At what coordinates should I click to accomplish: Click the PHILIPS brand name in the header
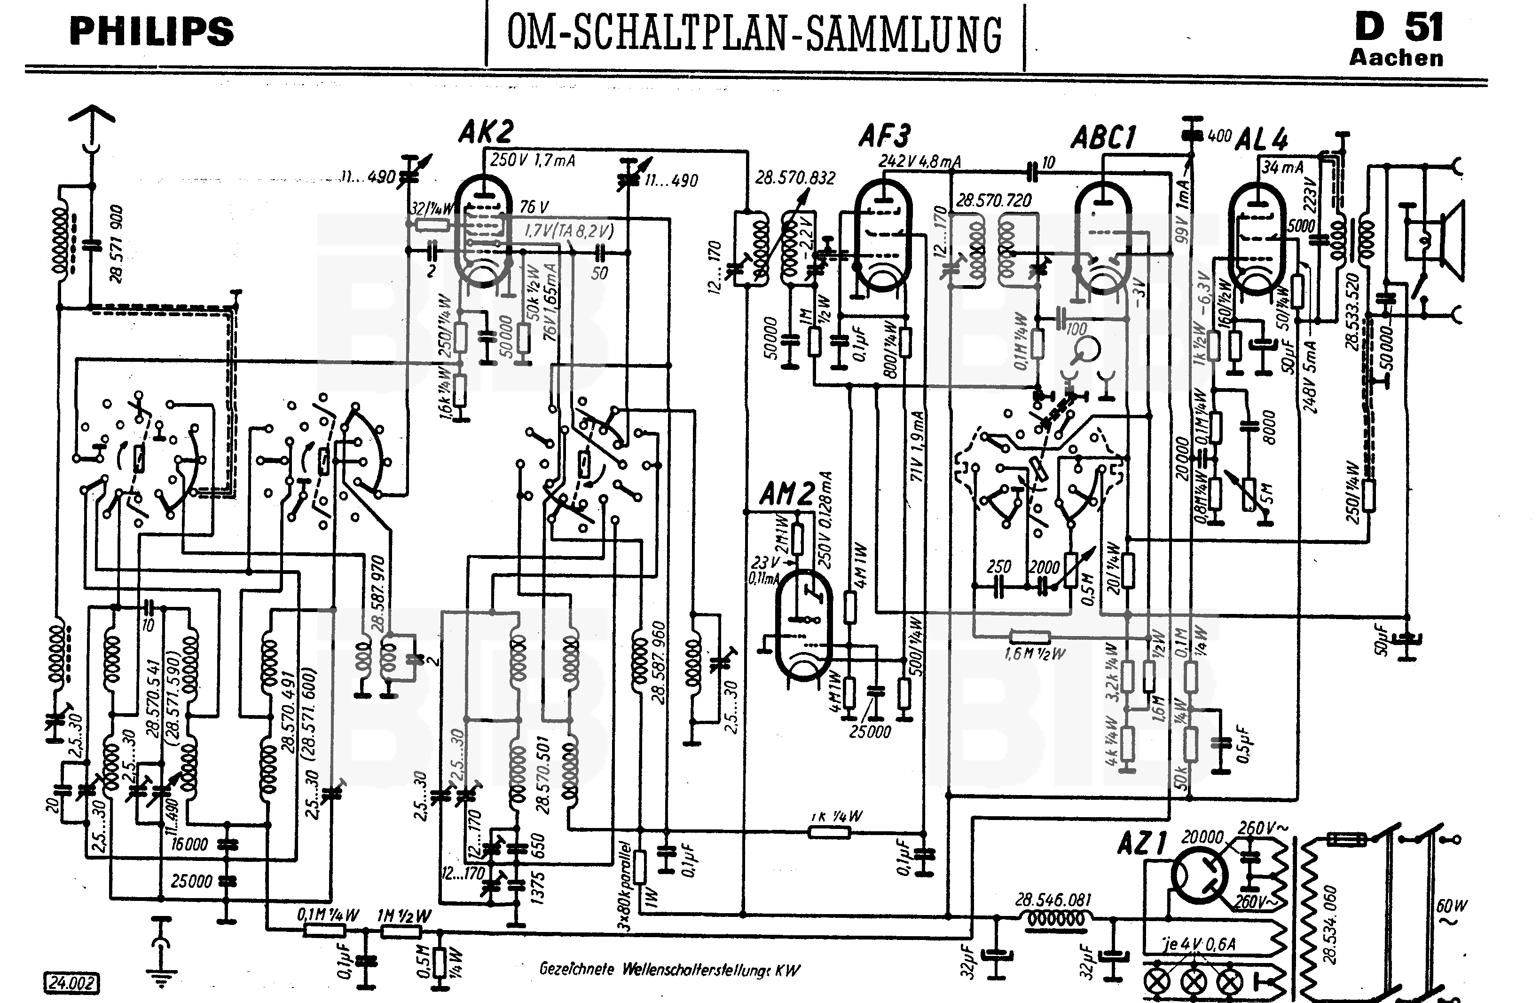(x=151, y=32)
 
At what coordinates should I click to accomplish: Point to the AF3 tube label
(x=885, y=136)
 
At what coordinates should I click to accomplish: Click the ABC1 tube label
(x=1103, y=137)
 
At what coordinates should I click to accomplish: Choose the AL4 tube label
(x=1261, y=139)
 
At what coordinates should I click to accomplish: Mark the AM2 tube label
(x=786, y=495)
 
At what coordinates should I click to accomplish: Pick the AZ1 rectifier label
(x=1142, y=844)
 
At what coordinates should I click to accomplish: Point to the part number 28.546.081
(x=1053, y=900)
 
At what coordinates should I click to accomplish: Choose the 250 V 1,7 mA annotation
(x=533, y=160)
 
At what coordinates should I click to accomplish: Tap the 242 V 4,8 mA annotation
(x=919, y=161)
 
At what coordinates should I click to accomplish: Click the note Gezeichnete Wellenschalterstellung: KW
(x=670, y=969)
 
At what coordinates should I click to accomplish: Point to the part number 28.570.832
(x=795, y=177)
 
